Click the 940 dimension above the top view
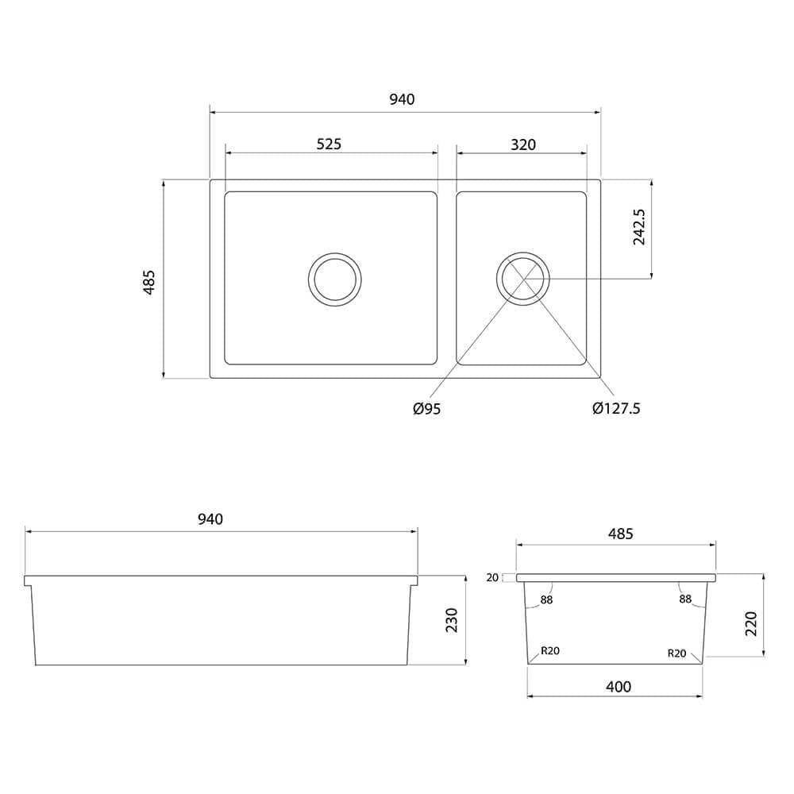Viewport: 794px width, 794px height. click(x=403, y=99)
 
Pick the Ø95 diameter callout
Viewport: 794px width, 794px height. click(x=426, y=409)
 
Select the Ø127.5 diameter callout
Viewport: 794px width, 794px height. click(x=616, y=409)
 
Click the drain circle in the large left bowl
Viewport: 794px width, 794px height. click(x=335, y=279)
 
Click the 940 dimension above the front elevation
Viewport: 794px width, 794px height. click(x=210, y=519)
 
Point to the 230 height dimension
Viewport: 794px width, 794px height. click(x=452, y=619)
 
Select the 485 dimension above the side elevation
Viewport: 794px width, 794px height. click(x=620, y=534)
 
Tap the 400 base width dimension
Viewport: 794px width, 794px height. click(x=619, y=687)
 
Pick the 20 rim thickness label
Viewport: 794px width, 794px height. click(x=493, y=578)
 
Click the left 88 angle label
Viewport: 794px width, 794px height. click(x=546, y=599)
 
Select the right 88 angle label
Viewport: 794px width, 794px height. click(x=685, y=599)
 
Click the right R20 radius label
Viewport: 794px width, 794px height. click(x=676, y=653)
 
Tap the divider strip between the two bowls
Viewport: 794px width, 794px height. click(x=447, y=278)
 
